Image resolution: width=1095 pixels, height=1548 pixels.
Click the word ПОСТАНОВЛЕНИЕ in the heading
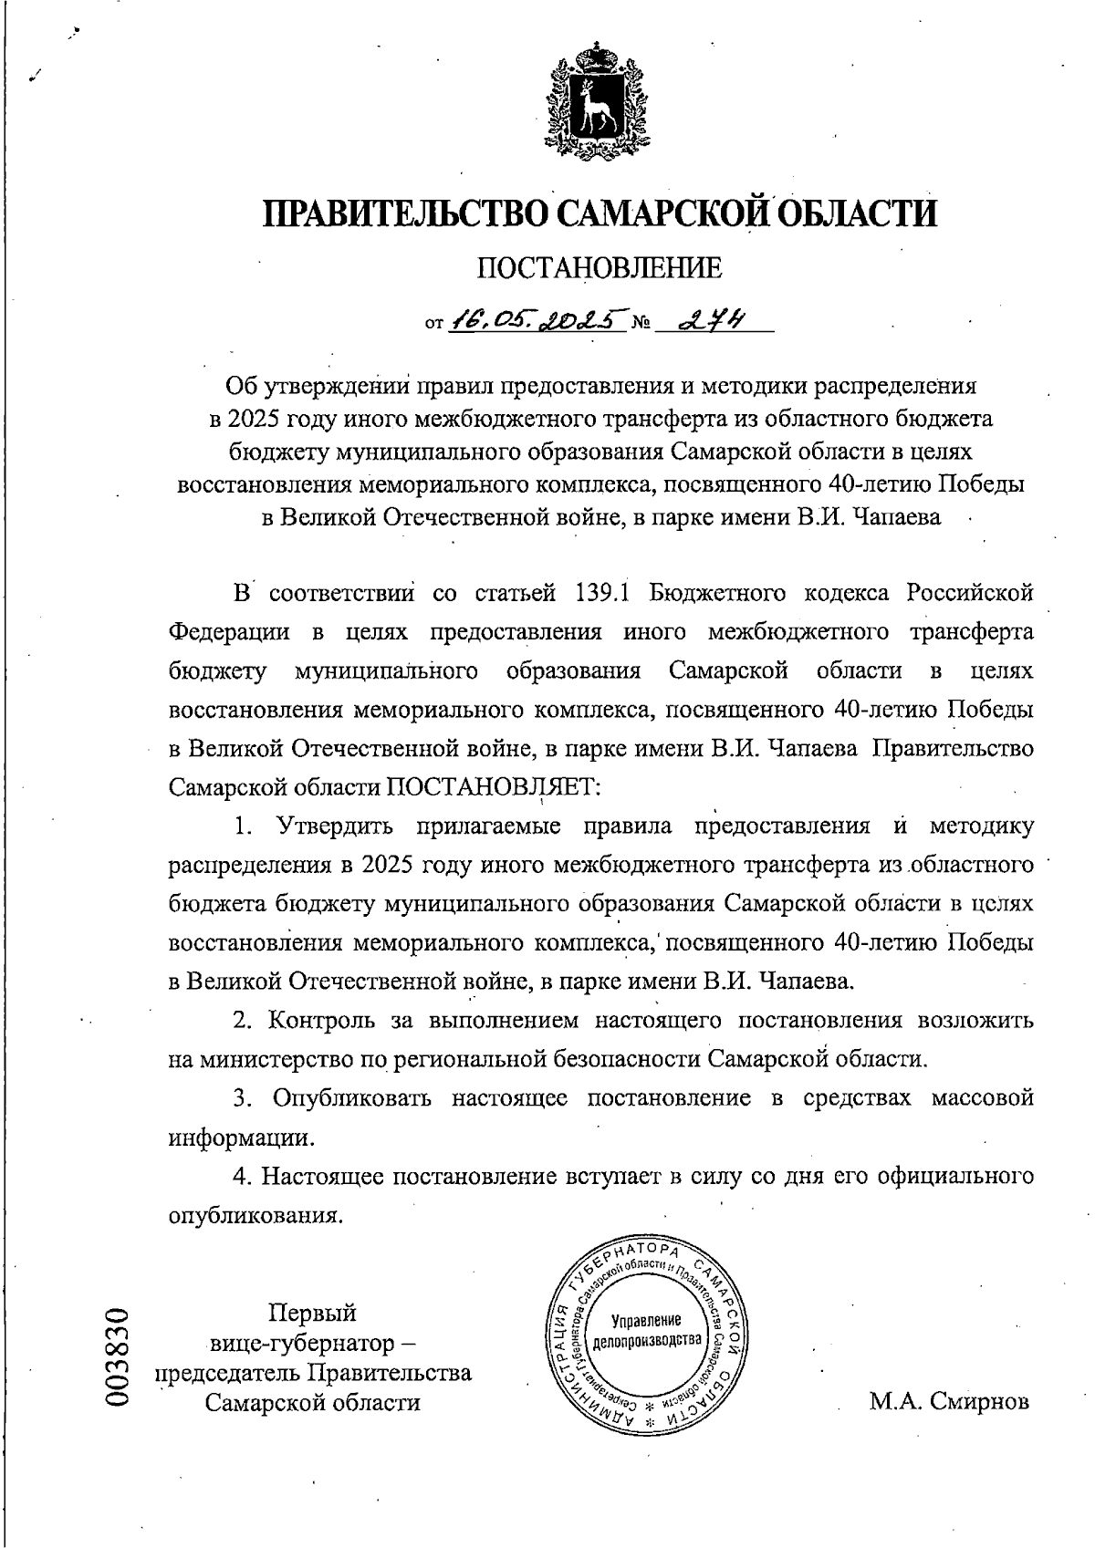600,268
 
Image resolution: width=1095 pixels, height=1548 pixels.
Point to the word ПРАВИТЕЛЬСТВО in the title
403,213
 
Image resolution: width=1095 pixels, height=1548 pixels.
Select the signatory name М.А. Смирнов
949,1401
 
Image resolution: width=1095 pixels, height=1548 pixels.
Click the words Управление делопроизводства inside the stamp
646,1330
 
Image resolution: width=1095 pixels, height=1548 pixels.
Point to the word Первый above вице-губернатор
311,1313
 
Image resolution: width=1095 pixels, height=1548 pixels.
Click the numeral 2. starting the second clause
242,1020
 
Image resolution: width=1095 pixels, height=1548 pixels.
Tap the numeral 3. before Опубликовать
242,1097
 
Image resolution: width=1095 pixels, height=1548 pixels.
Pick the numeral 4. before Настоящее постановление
242,1176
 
